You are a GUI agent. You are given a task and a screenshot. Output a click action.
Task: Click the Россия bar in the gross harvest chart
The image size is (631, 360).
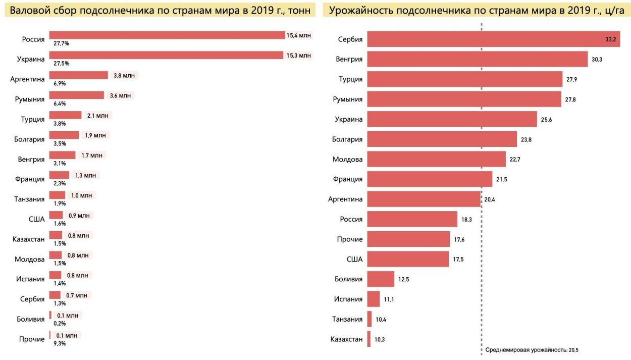(167, 35)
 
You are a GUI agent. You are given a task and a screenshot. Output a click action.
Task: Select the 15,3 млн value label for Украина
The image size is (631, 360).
(299, 55)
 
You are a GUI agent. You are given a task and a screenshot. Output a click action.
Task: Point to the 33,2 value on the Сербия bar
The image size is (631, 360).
(610, 39)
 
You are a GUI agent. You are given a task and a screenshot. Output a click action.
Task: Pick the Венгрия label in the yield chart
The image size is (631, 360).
(349, 59)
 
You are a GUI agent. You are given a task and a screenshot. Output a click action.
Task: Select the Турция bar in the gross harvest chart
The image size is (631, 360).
(65, 115)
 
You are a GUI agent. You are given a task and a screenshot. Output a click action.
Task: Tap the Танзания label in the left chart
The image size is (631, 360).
(29, 198)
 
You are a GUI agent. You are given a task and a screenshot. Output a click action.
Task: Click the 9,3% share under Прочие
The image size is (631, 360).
(60, 343)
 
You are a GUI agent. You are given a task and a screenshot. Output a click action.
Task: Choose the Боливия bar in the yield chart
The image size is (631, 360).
(381, 279)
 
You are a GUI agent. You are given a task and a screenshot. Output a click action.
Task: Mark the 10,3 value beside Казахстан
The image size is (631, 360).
(380, 339)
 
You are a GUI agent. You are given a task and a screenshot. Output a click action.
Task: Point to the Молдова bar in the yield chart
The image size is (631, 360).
(436, 160)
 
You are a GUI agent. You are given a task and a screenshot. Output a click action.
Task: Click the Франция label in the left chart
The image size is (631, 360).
(29, 179)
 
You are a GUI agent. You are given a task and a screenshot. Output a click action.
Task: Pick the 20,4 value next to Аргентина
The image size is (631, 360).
(490, 199)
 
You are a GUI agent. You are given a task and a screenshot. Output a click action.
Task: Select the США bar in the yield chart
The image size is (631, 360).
(408, 259)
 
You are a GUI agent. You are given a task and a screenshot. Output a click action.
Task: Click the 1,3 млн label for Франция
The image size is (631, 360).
(86, 175)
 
